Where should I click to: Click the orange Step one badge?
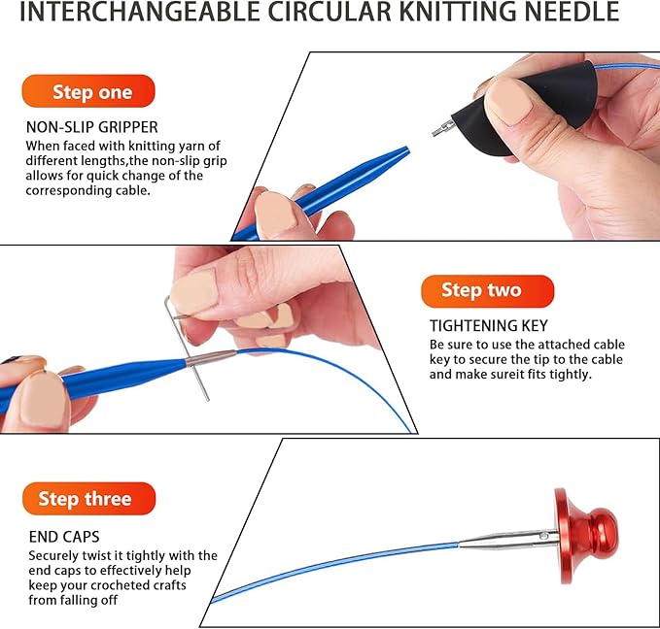click(x=88, y=91)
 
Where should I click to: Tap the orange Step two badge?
click(x=487, y=291)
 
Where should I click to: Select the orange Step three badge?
click(x=88, y=498)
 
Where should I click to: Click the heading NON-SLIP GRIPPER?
click(x=91, y=127)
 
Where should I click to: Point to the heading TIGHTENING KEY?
click(x=489, y=326)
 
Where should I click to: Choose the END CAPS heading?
click(x=64, y=537)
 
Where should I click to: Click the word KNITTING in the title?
click(x=459, y=12)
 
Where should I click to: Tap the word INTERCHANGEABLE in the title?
click(x=139, y=12)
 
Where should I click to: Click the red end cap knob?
click(x=587, y=536)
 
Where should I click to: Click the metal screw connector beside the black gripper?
click(x=443, y=128)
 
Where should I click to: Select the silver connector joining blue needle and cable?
click(x=211, y=357)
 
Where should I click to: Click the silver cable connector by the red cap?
click(x=508, y=540)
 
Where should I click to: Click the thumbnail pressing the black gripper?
click(x=509, y=102)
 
